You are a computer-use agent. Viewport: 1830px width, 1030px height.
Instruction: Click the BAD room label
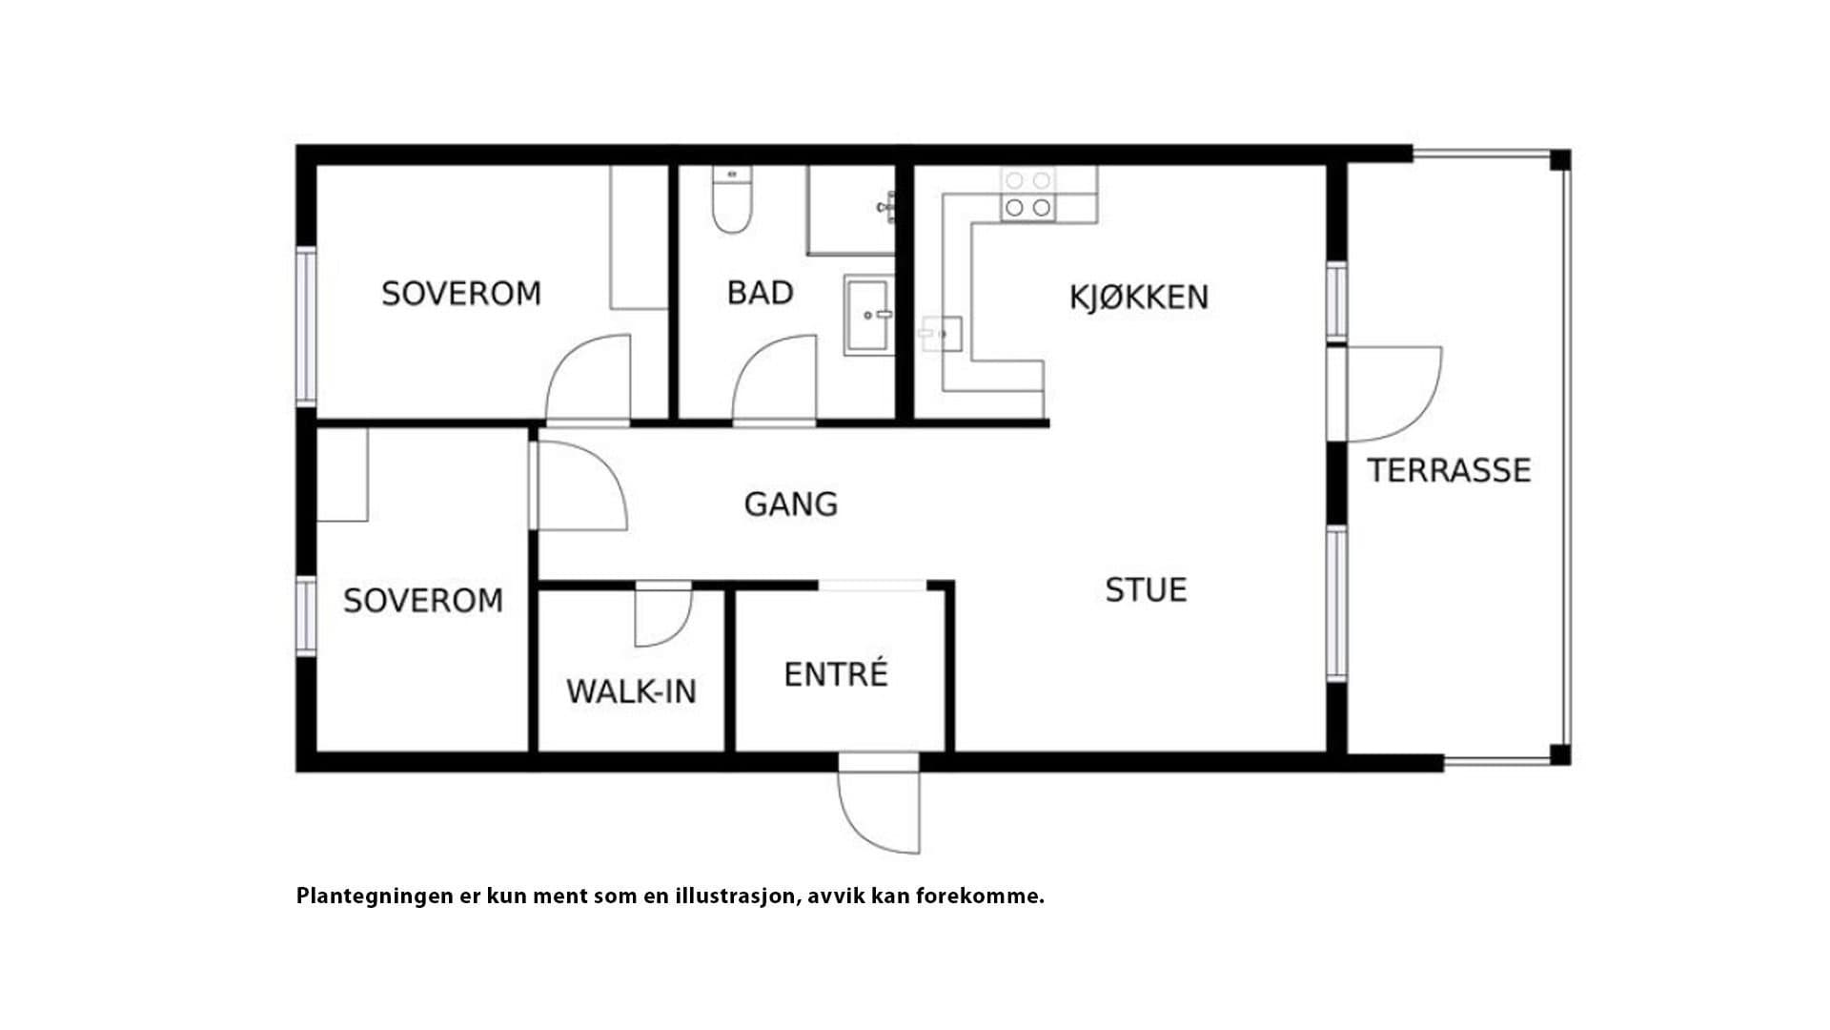[760, 293]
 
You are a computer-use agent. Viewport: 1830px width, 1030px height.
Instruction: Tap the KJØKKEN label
[1139, 298]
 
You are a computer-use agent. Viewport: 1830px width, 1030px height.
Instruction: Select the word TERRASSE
[1449, 470]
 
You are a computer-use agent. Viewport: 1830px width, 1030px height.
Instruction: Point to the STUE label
[1146, 590]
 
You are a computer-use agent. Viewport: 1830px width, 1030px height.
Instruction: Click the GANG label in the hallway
[791, 504]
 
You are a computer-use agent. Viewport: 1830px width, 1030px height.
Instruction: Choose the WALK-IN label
[631, 691]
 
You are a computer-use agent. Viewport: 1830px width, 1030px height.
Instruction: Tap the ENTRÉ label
[836, 674]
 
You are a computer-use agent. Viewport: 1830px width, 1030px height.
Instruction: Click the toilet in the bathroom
[732, 199]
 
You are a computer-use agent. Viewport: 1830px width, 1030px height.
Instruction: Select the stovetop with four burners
[1027, 196]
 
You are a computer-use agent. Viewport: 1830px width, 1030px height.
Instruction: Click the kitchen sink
[940, 334]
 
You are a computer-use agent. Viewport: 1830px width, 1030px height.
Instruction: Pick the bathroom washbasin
[868, 315]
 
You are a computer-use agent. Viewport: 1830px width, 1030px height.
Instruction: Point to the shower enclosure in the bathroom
[851, 211]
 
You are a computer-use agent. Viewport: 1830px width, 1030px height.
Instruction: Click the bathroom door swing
[775, 379]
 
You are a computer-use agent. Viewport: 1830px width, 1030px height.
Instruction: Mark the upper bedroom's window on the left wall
[306, 325]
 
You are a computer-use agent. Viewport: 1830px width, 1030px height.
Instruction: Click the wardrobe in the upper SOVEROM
[639, 237]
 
